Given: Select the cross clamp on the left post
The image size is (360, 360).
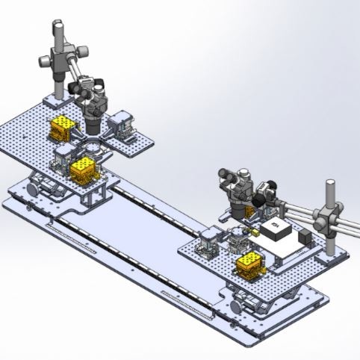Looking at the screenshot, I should coord(60,58).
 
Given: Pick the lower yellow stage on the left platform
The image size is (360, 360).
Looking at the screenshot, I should coord(81,168).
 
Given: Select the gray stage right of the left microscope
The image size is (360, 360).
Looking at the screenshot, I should coord(121,123).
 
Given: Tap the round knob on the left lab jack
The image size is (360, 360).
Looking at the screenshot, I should coord(34,189).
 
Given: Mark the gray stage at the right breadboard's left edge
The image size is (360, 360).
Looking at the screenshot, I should coord(207,243).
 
